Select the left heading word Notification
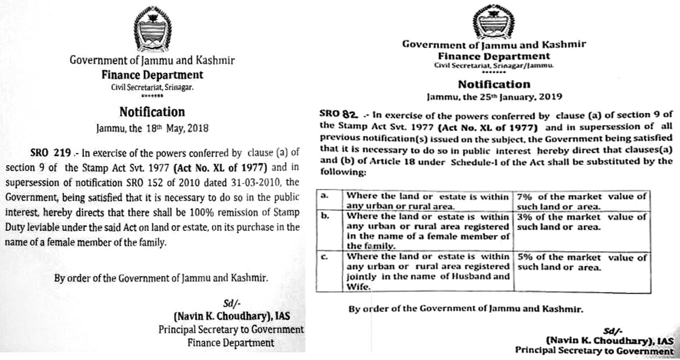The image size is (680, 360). pos(152,112)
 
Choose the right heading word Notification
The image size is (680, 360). pos(494,84)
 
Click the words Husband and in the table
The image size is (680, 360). pos(484,277)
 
